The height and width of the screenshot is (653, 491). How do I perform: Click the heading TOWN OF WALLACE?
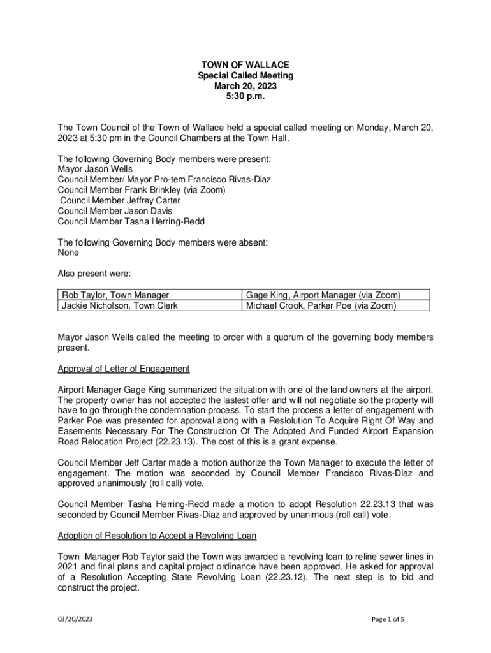click(246, 65)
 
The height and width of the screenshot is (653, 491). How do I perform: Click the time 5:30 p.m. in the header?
click(246, 97)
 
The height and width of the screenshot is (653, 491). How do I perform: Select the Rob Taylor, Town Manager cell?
click(115, 295)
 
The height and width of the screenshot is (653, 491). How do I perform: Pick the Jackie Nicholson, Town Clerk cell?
click(119, 305)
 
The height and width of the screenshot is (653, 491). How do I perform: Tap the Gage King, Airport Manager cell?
click(323, 295)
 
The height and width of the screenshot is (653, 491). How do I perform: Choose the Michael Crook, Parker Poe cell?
click(321, 305)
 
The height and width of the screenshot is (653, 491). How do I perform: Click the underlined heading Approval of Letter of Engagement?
click(124, 369)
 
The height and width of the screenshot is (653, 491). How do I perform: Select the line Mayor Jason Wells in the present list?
click(95, 169)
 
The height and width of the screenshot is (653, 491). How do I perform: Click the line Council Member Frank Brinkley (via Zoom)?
click(142, 190)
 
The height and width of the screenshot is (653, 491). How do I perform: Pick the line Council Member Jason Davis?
click(115, 211)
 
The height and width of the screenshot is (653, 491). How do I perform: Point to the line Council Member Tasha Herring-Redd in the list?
click(131, 221)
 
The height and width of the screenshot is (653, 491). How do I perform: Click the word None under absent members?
click(68, 253)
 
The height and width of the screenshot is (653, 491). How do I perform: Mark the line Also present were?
click(94, 274)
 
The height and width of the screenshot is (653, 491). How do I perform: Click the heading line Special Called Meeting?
click(246, 76)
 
